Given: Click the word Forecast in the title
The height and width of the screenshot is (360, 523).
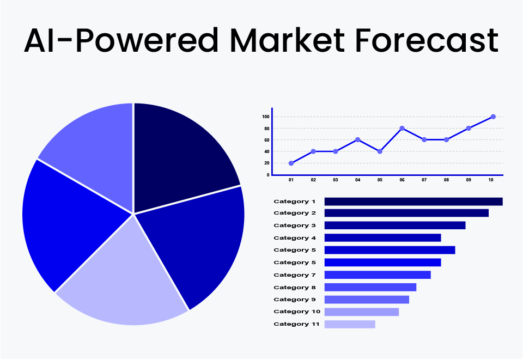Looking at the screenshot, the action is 427,41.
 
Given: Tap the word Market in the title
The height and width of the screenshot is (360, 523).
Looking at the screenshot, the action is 288,41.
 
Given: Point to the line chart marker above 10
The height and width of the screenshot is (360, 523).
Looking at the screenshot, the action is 493,117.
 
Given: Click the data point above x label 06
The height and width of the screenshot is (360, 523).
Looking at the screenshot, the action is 402,129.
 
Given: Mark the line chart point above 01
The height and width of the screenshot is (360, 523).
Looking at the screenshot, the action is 291,163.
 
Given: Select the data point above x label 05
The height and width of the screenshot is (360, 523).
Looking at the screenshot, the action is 380,151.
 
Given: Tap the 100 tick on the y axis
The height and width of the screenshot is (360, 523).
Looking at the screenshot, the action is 265,117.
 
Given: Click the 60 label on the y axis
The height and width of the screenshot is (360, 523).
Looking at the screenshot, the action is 267,140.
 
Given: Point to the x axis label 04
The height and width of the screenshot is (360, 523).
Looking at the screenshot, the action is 357,180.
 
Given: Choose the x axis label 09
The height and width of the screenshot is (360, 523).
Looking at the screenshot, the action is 469,180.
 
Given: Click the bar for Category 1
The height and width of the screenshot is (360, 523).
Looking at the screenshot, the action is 413,202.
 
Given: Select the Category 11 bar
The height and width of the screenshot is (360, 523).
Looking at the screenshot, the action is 350,325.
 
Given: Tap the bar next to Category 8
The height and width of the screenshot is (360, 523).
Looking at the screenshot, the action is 370,288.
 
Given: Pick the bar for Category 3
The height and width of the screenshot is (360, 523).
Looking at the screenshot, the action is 395,225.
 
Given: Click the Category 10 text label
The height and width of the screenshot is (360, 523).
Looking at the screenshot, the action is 297,312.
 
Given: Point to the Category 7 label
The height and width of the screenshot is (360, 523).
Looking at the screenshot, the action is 295,275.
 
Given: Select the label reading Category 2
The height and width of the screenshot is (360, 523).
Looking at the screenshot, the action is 295,213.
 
